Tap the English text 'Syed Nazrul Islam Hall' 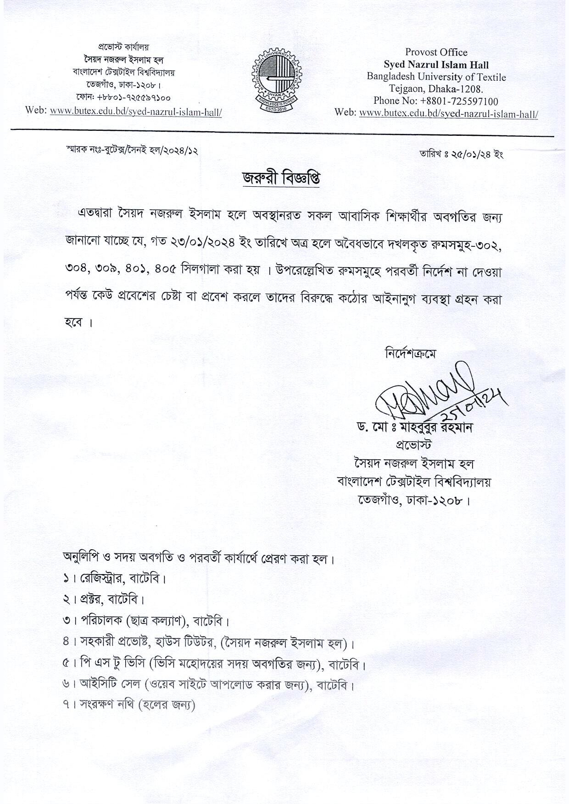coord(436,65)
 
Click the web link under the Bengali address coord(136,112)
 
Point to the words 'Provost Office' coord(436,52)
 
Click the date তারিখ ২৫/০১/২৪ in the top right coord(461,154)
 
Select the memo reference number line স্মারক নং coord(132,150)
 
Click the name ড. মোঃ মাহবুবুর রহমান coord(415,428)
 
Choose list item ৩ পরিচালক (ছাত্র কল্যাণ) coord(146,622)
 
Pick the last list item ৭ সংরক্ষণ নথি coord(129,705)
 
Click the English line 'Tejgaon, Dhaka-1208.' coord(436,89)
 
